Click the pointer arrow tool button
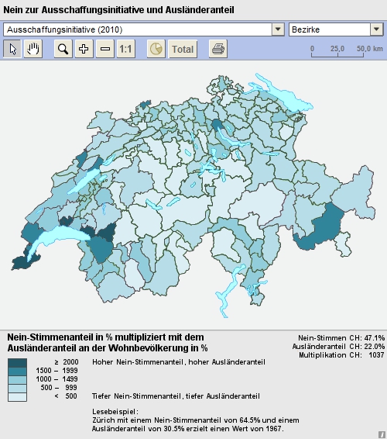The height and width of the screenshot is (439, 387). [x=12, y=49]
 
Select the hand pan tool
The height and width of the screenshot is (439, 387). [x=33, y=49]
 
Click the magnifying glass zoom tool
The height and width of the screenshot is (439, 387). [x=63, y=49]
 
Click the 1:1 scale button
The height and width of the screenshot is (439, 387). [x=126, y=49]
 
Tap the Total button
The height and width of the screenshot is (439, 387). [x=183, y=49]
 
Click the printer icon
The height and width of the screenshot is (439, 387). [x=218, y=49]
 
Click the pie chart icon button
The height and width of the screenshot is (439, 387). [x=156, y=49]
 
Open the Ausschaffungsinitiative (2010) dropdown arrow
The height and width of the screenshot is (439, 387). [x=278, y=29]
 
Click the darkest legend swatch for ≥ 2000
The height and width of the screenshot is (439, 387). [x=18, y=362]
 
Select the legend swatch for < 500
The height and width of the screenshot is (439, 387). [x=18, y=396]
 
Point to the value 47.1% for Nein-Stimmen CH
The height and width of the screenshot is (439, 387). [x=374, y=338]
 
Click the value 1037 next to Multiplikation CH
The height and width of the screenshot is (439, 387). [x=376, y=354]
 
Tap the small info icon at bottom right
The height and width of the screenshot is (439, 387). [x=381, y=434]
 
